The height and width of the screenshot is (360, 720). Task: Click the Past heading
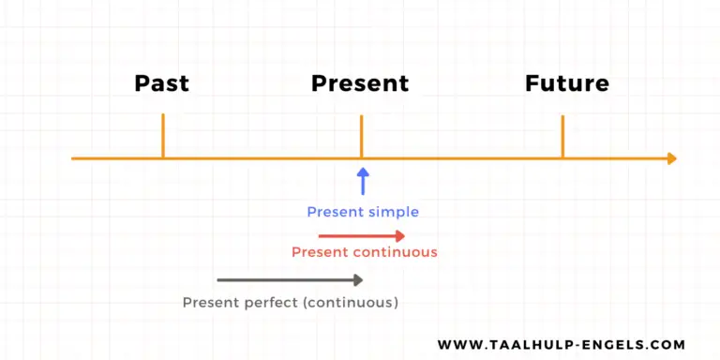[x=162, y=83]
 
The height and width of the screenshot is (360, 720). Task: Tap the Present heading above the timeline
[x=360, y=83]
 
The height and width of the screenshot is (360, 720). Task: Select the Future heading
[x=567, y=83]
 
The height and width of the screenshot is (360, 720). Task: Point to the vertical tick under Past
[x=163, y=135]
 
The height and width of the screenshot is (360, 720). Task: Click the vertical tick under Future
[x=562, y=135]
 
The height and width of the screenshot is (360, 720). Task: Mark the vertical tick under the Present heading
[x=361, y=135]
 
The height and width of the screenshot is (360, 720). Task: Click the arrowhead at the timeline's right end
[x=670, y=158]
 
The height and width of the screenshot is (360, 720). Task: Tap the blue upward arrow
[x=363, y=180]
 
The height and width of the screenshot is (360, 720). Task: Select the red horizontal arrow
[x=361, y=235]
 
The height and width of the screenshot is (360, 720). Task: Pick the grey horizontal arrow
[x=289, y=279]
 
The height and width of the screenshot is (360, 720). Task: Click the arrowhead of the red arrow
[x=400, y=235]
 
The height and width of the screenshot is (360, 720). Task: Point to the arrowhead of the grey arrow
[x=357, y=279]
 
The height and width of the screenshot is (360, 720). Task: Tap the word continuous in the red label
[x=395, y=252]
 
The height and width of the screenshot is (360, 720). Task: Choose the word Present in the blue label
[x=335, y=212]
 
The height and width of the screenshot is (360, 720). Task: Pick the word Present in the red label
[x=320, y=252]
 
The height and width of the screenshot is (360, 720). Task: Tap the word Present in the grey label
[x=210, y=303]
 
